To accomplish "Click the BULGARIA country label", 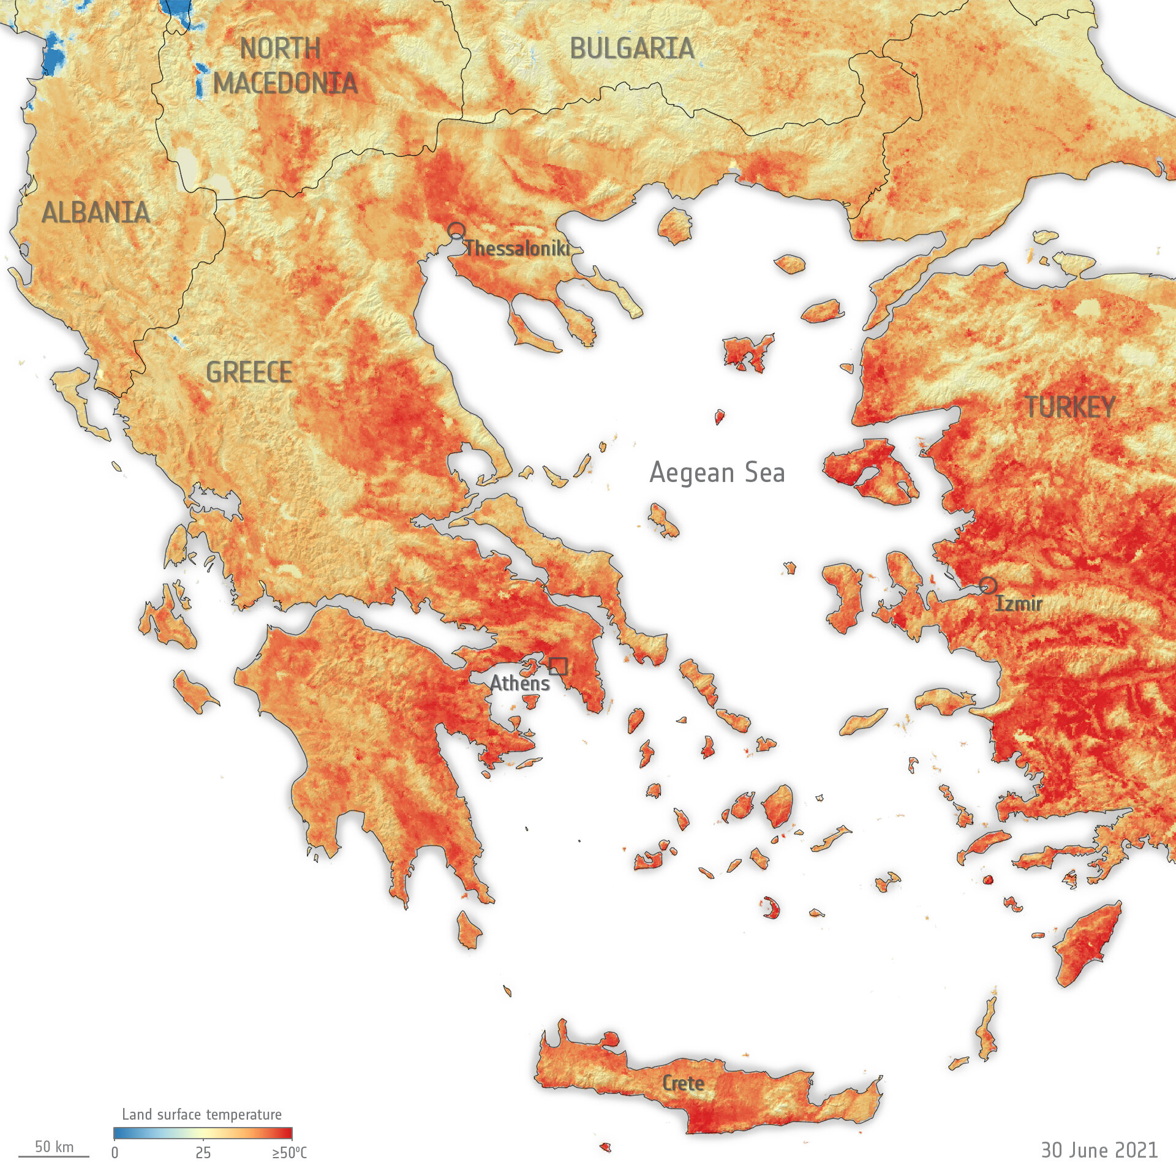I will [x=632, y=48].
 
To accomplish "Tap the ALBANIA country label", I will [x=96, y=213].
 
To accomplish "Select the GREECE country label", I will [x=249, y=372].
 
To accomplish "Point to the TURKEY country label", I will [x=1069, y=407].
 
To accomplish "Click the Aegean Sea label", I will [x=717, y=473].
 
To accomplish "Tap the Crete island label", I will [x=683, y=1084].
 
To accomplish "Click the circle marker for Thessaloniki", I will [x=456, y=231].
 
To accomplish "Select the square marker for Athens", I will [x=558, y=666].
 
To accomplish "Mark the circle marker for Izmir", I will [x=987, y=585].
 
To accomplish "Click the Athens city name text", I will [x=519, y=683].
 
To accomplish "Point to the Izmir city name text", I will [x=1019, y=604].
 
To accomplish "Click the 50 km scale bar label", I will [x=54, y=1147].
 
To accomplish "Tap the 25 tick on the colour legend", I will [x=203, y=1153].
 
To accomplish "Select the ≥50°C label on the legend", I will [x=289, y=1153].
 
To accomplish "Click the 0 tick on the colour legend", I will [x=115, y=1153].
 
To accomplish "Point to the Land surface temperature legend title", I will [x=202, y=1115].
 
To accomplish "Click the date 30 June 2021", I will [x=1099, y=1150].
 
